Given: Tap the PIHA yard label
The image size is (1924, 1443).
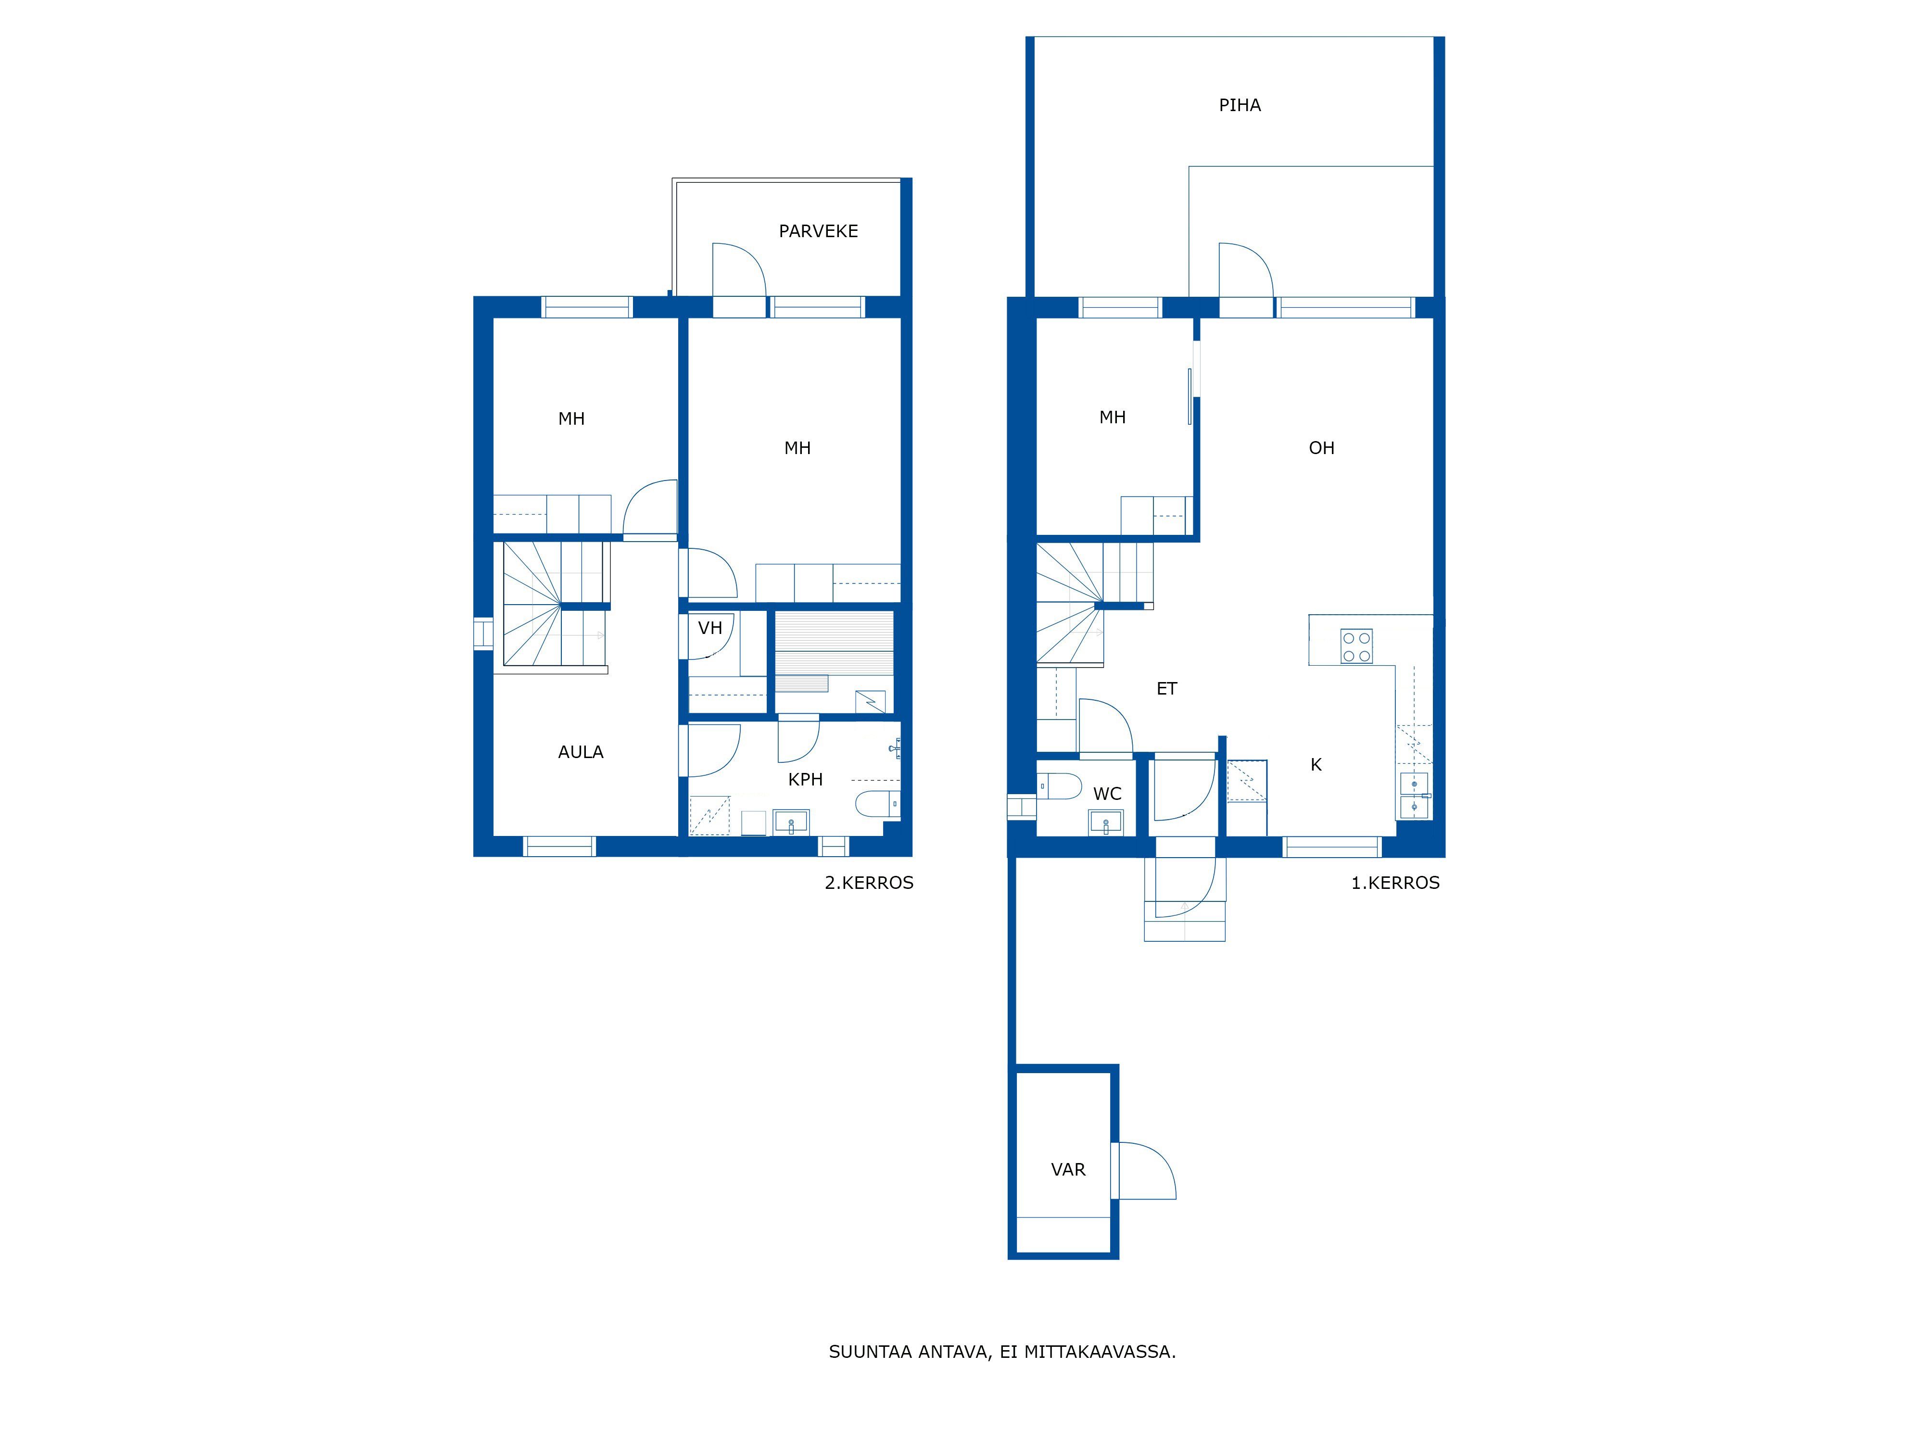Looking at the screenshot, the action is click(1240, 105).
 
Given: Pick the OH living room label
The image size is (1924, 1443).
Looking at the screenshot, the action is click(1321, 448).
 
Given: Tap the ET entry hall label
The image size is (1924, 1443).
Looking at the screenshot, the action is click(1166, 689).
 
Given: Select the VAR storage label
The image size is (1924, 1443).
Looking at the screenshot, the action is click(1068, 1170).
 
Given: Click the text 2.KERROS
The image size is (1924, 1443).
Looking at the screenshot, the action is click(869, 883).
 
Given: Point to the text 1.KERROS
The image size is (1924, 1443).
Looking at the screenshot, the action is click(1395, 883).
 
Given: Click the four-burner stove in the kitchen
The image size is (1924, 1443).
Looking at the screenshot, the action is click(1356, 646).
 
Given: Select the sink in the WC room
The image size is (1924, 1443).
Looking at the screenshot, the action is click(1105, 822).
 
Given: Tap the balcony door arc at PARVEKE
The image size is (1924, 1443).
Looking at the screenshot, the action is click(739, 270).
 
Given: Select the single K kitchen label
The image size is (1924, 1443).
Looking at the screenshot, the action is click(1316, 765).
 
